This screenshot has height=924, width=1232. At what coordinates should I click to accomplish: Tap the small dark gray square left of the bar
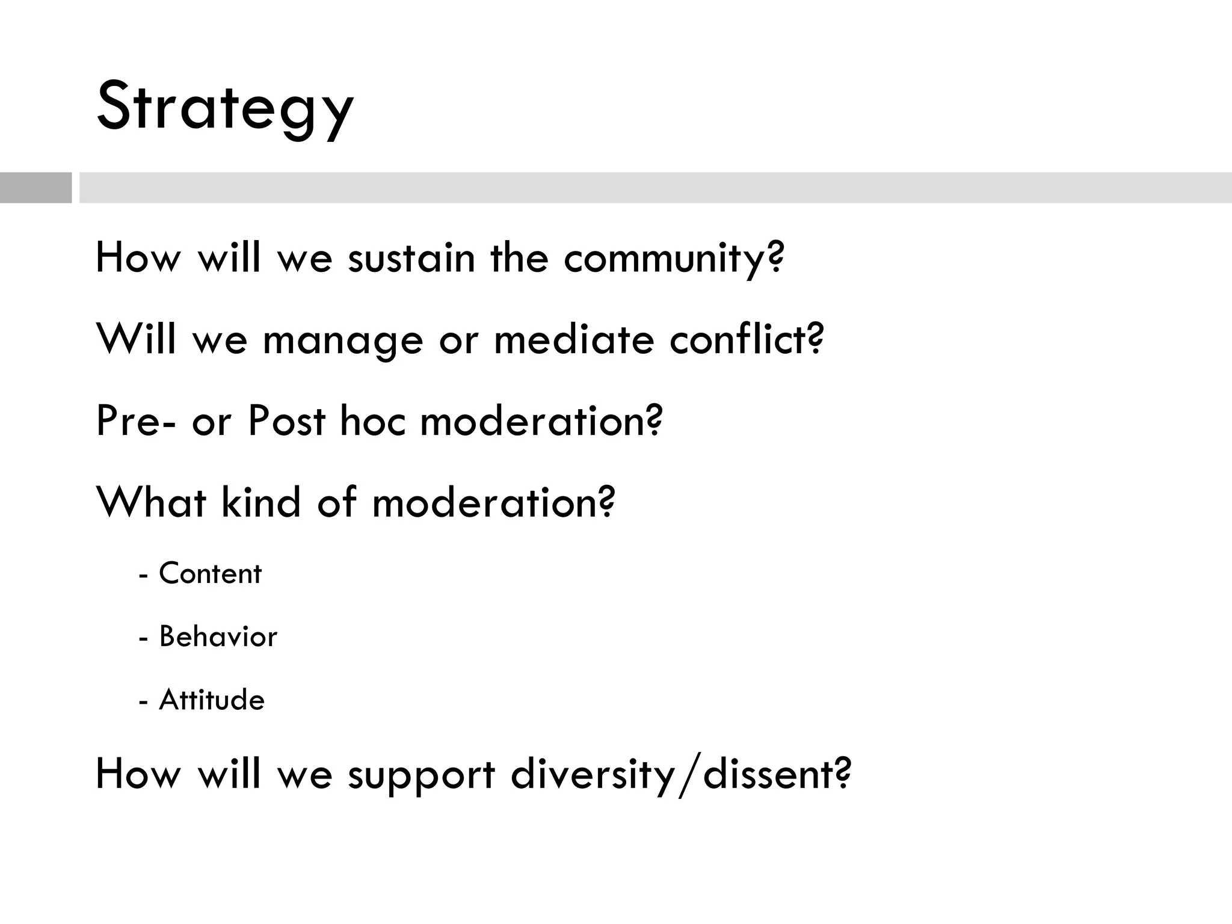(35, 188)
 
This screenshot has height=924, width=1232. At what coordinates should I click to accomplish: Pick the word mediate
(573, 339)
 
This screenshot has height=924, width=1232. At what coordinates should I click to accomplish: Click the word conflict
(738, 339)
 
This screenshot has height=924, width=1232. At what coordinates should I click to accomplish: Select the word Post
(286, 421)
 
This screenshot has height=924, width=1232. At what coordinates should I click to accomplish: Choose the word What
(151, 502)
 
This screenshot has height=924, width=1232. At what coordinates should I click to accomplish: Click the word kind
(260, 502)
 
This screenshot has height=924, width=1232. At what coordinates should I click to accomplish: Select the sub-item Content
(210, 573)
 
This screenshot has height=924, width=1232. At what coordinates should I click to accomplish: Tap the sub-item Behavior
(218, 636)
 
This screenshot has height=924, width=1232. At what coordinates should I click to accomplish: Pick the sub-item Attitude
(211, 700)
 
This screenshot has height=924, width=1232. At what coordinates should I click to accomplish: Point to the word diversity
(593, 775)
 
